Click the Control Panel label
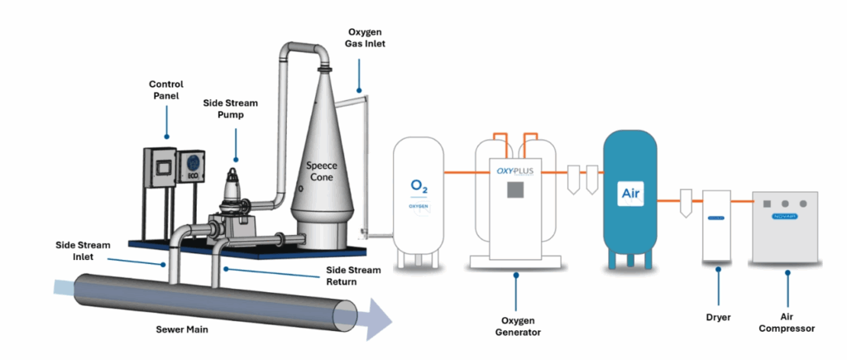click(165, 90)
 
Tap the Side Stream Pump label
click(231, 109)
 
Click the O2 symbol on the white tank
click(419, 186)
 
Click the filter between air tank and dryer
click(686, 202)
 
